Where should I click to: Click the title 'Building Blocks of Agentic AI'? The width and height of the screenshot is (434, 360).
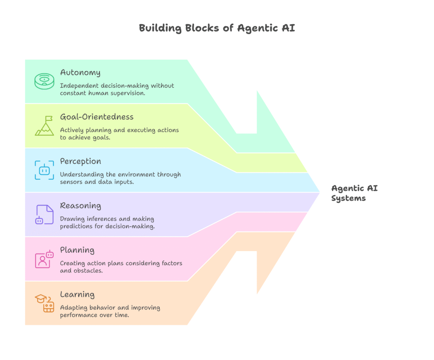click(217, 29)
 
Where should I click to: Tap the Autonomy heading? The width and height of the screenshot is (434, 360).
click(80, 72)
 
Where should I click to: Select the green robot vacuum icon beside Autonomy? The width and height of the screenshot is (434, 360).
click(45, 81)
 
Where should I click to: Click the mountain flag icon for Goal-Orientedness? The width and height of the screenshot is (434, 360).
click(45, 126)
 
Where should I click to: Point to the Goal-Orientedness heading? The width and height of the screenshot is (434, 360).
click(97, 117)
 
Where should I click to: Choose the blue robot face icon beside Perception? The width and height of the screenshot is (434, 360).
click(45, 170)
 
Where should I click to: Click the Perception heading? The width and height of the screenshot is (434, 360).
click(81, 161)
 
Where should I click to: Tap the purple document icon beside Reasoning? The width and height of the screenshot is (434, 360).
click(45, 215)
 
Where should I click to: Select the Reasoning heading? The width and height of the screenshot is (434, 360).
click(81, 206)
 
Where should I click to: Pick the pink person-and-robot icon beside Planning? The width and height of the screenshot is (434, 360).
click(45, 259)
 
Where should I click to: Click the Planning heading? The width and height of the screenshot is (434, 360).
click(77, 250)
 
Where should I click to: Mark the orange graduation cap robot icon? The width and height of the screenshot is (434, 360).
click(45, 303)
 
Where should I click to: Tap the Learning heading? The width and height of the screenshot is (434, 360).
click(77, 294)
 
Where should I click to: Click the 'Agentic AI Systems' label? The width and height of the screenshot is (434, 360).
click(354, 193)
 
